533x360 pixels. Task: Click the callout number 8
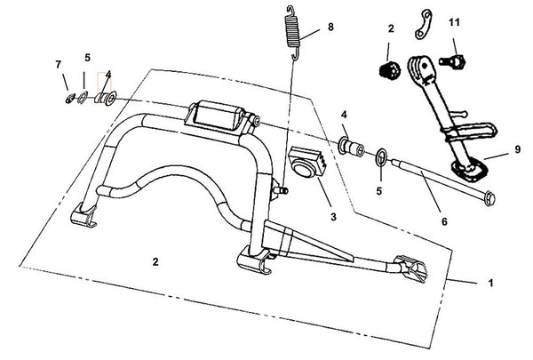pos(330,27)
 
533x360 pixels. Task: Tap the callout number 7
pos(60,64)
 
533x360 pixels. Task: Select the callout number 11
pos(454,20)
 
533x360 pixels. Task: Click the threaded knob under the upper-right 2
pos(387,71)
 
